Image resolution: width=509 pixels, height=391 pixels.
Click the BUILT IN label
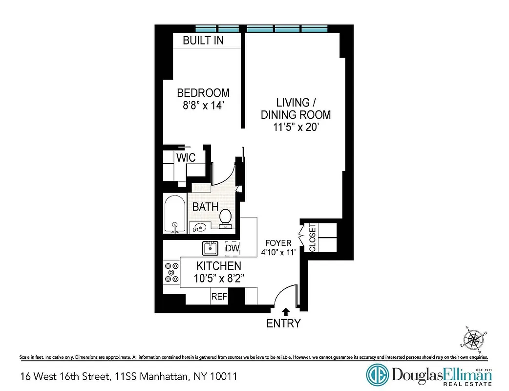pyautogui.click(x=203, y=41)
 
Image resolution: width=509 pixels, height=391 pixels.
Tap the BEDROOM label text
pyautogui.click(x=203, y=93)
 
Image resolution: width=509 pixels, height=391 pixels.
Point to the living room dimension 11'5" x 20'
pyautogui.click(x=296, y=128)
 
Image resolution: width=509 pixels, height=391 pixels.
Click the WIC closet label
pyautogui.click(x=186, y=158)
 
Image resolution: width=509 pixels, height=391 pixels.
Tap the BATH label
pyautogui.click(x=205, y=207)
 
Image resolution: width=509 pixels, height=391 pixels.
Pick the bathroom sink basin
pyautogui.click(x=200, y=227)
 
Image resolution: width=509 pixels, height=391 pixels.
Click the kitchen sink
pyautogui.click(x=211, y=248)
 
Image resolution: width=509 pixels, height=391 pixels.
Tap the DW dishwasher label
pyautogui.click(x=233, y=249)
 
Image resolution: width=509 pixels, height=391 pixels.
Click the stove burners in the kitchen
pyautogui.click(x=171, y=272)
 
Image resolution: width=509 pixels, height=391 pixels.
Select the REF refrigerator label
pyautogui.click(x=219, y=297)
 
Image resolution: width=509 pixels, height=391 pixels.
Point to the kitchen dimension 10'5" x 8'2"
pyautogui.click(x=218, y=278)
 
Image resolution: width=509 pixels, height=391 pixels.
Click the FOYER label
pyautogui.click(x=278, y=243)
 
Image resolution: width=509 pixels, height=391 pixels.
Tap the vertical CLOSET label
pyautogui.click(x=313, y=238)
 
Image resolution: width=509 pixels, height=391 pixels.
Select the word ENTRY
pyautogui.click(x=283, y=323)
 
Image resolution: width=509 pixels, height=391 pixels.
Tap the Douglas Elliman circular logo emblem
pyautogui.click(x=377, y=375)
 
